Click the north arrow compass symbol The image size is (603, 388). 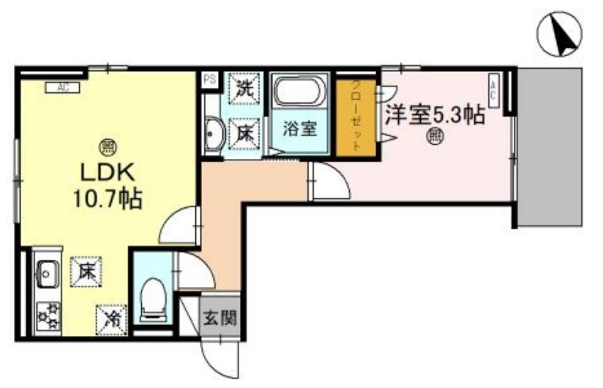tap(560, 34)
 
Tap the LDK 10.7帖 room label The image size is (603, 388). tap(110, 185)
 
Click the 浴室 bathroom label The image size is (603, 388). tap(299, 129)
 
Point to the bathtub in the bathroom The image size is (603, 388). tap(299, 94)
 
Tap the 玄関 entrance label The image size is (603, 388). tap(220, 318)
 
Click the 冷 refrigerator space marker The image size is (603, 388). tap(112, 318)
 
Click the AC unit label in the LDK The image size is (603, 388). tap(63, 88)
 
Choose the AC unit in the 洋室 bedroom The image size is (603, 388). tap(493, 89)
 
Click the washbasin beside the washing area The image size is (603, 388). tap(213, 134)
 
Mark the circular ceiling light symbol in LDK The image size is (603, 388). tap(107, 146)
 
